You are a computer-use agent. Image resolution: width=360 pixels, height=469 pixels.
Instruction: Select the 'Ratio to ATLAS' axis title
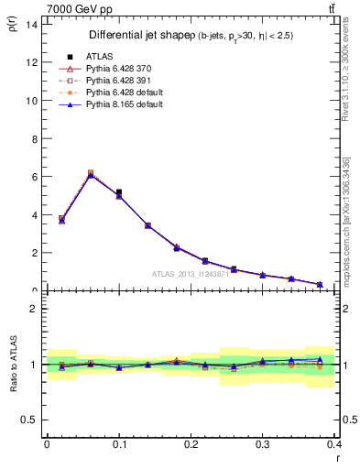coord(13,365)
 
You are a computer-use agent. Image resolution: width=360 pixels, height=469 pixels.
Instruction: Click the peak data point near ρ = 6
coord(90,173)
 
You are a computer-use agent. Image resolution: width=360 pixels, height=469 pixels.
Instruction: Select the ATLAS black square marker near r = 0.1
coord(119,192)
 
